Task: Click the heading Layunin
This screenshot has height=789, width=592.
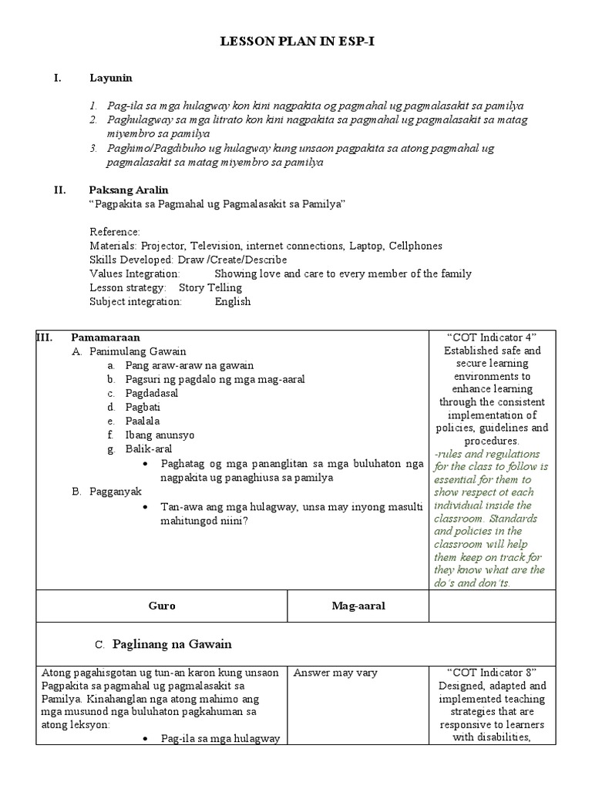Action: [x=111, y=78]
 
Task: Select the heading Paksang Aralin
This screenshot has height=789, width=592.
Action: [x=129, y=190]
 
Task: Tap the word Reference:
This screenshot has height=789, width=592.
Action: [x=115, y=232]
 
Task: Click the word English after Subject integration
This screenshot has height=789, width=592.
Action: [x=233, y=301]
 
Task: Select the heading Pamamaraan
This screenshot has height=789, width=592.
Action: [x=106, y=337]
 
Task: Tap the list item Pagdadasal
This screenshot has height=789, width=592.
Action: [x=152, y=393]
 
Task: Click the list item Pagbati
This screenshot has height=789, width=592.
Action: [x=143, y=407]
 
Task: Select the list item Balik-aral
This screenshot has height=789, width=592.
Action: [x=150, y=448]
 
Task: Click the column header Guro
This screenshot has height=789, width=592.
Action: [x=162, y=606]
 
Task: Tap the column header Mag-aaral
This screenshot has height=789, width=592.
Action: [x=358, y=606]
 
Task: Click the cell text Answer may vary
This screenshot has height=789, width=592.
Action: [x=335, y=673]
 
